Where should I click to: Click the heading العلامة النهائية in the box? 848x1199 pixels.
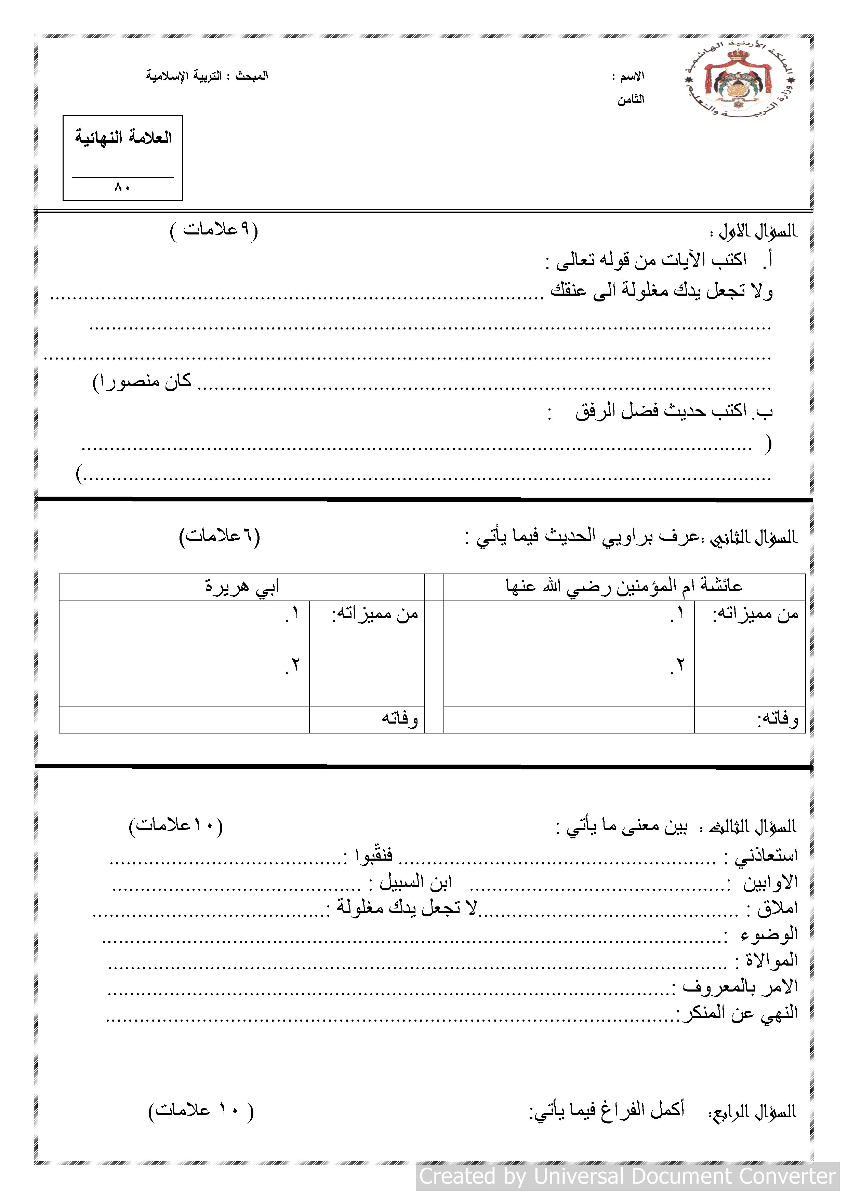pyautogui.click(x=123, y=137)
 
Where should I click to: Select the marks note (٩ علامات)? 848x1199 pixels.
pyautogui.click(x=214, y=229)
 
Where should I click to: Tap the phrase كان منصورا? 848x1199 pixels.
pyautogui.click(x=142, y=382)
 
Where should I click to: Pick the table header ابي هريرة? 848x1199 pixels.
pyautogui.click(x=242, y=587)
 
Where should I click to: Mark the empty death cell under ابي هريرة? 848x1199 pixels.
pyautogui.click(x=184, y=719)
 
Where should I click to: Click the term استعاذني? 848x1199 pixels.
pyautogui.click(x=767, y=856)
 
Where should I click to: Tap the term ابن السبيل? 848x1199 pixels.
pyautogui.click(x=415, y=882)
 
